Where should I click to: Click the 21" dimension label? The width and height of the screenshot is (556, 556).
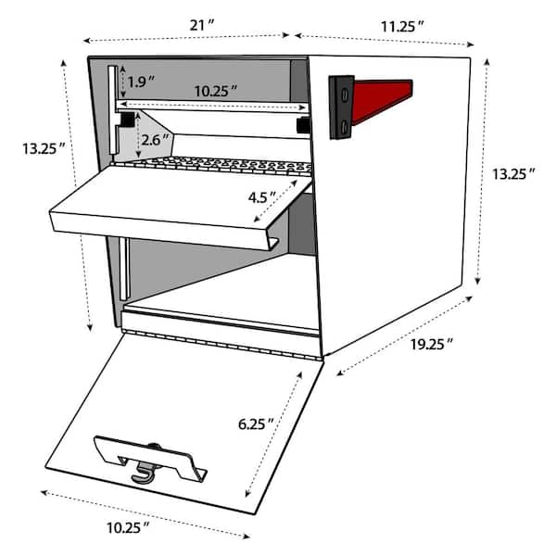(202, 25)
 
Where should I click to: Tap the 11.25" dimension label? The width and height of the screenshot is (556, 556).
(402, 27)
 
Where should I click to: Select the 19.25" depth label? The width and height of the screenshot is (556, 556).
(432, 345)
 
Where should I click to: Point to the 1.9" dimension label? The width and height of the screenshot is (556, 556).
(141, 82)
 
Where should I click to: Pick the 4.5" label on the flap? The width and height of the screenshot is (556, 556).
(262, 197)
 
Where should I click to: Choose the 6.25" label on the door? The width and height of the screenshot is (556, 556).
(256, 424)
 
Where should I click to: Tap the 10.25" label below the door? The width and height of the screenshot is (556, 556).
(128, 528)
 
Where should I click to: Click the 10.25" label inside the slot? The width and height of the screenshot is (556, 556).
(216, 92)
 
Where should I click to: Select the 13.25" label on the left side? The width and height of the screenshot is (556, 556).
(44, 148)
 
